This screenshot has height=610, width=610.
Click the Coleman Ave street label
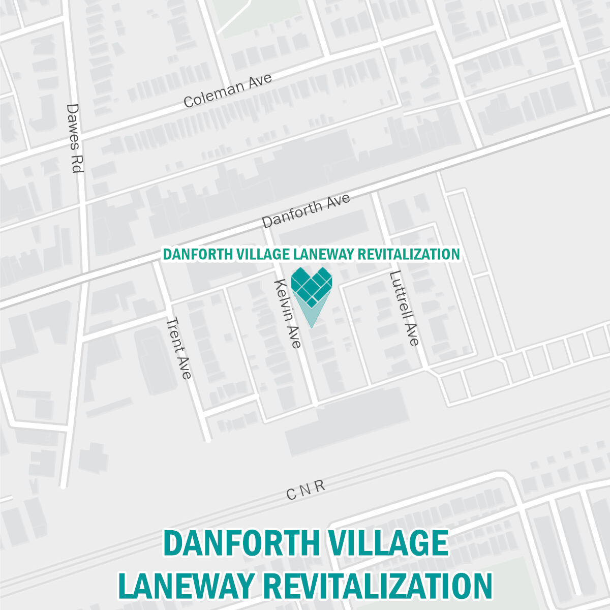click(227, 90)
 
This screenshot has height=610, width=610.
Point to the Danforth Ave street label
click(306, 210)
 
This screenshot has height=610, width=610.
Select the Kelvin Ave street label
click(288, 313)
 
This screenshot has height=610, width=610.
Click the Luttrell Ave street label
click(404, 309)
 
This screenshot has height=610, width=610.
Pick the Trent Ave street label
click(179, 348)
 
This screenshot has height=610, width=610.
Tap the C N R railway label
click(305, 490)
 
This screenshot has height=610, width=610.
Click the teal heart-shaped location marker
click(312, 287)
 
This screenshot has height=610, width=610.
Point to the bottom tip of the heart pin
click(312, 326)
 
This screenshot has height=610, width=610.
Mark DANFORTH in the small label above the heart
click(198, 254)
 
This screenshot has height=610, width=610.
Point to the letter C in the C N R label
click(291, 494)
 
